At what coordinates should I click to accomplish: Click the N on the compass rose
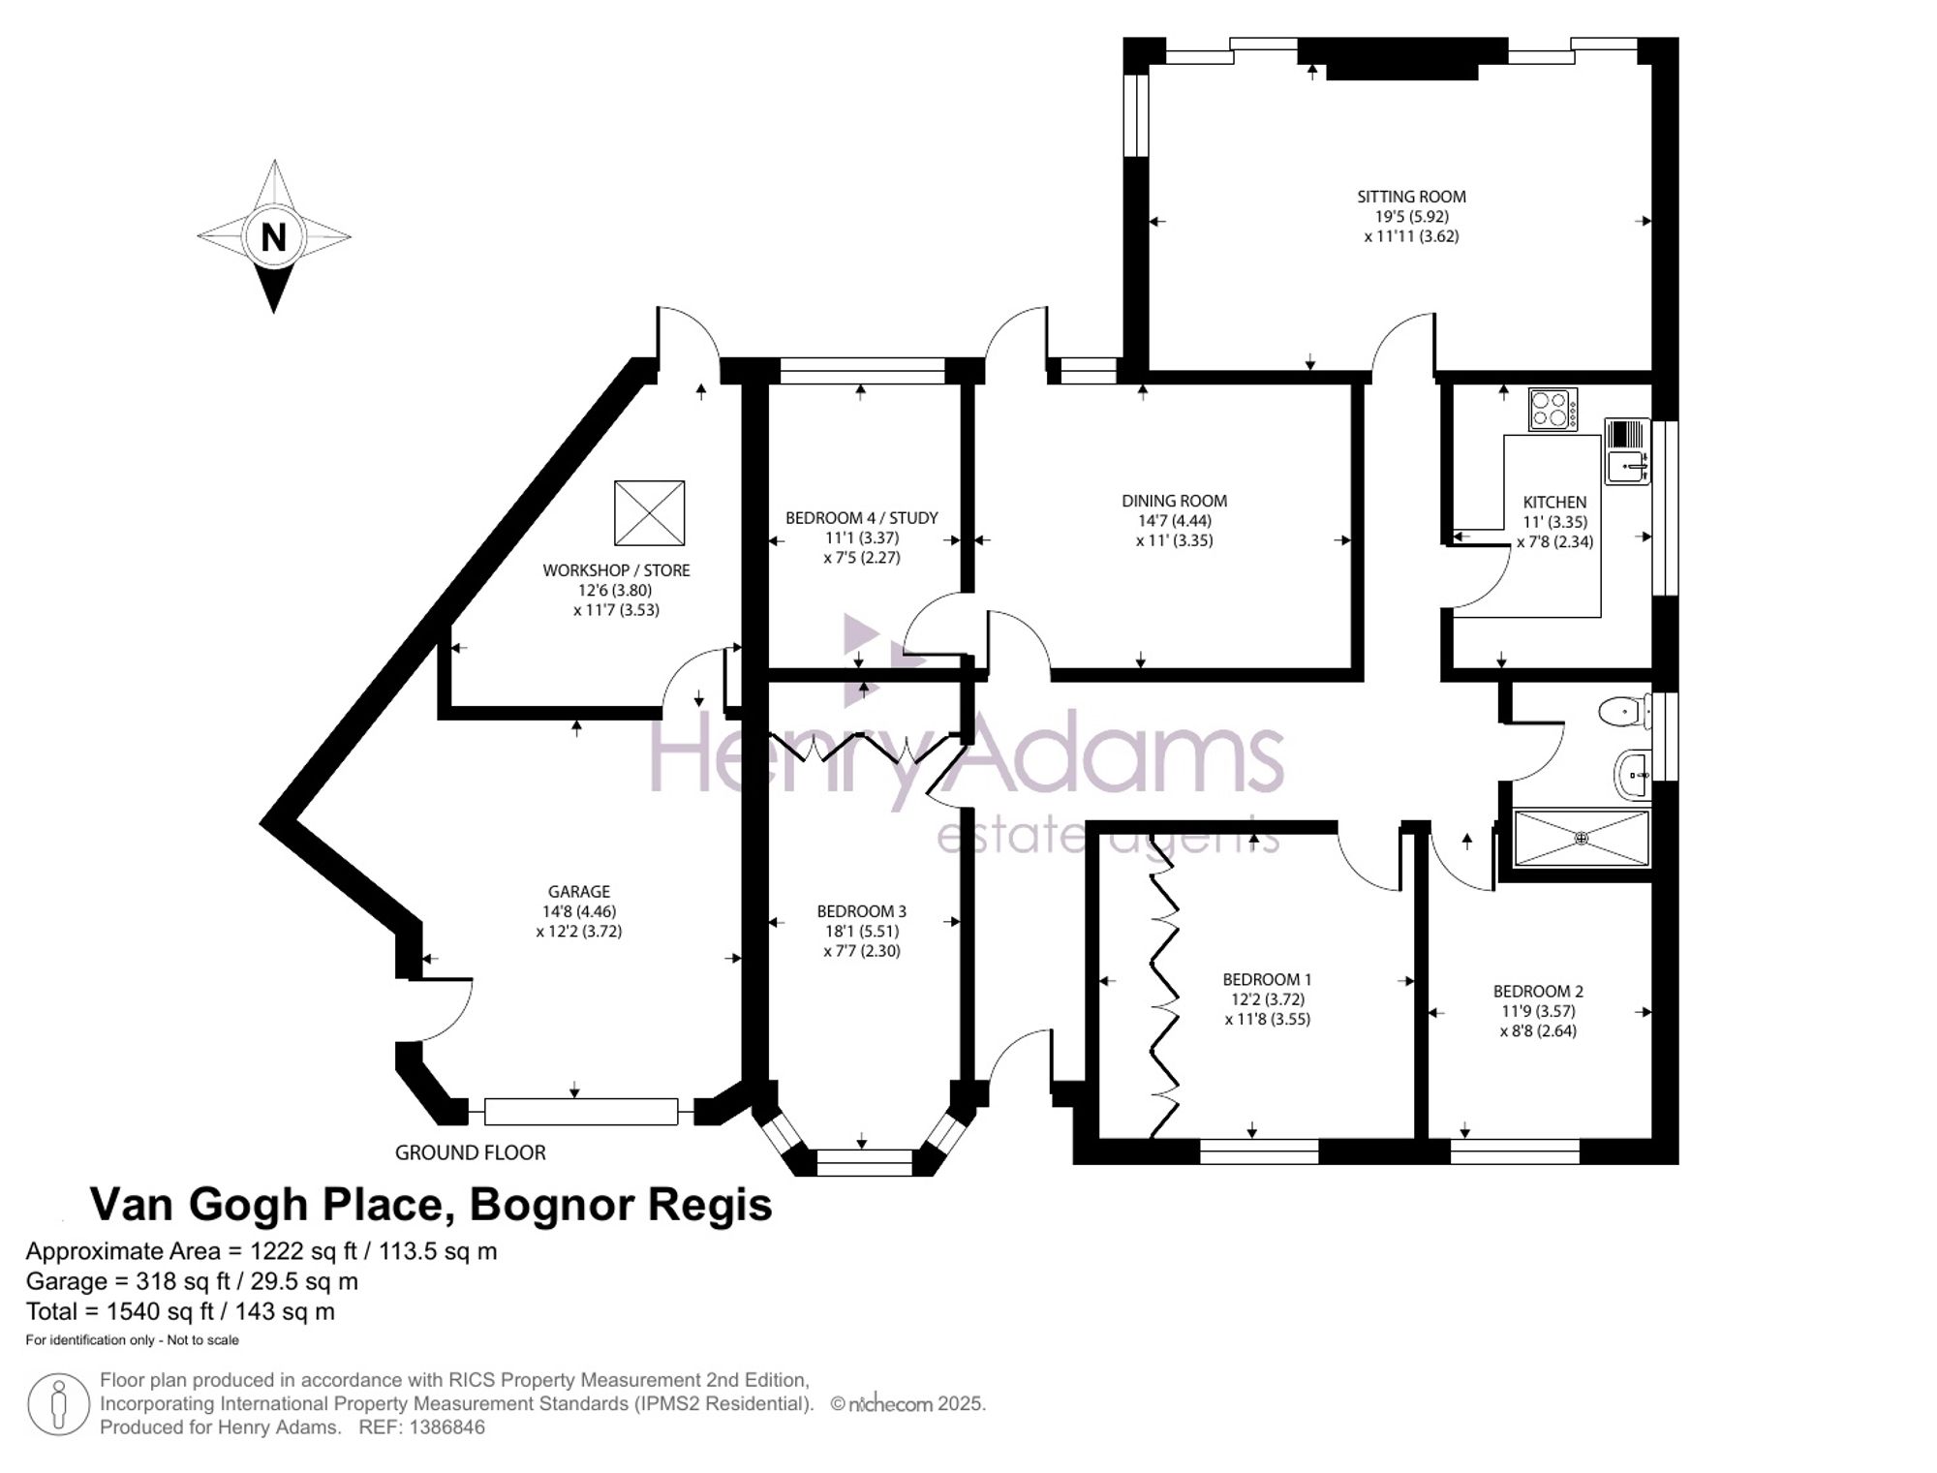point(274,237)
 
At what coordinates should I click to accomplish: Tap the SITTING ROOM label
point(1411,197)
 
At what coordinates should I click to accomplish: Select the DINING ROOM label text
point(1174,501)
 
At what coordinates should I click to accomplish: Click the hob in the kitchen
point(1553,409)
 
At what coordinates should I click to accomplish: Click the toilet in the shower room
point(1625,713)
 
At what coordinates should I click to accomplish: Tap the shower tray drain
point(1581,838)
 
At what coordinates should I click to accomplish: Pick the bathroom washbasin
point(1632,775)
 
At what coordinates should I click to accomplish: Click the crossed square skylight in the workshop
point(649,512)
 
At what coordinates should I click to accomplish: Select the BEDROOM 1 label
point(1267,979)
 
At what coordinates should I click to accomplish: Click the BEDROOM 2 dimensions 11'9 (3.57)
point(1538,1011)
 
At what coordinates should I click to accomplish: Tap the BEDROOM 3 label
point(861,911)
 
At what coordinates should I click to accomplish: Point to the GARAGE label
point(579,891)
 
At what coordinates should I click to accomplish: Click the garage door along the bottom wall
point(580,1112)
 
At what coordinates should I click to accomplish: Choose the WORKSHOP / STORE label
point(616,570)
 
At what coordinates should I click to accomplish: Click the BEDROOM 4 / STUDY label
point(861,518)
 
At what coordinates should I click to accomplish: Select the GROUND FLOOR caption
point(471,1152)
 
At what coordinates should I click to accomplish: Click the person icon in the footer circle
point(59,1405)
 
